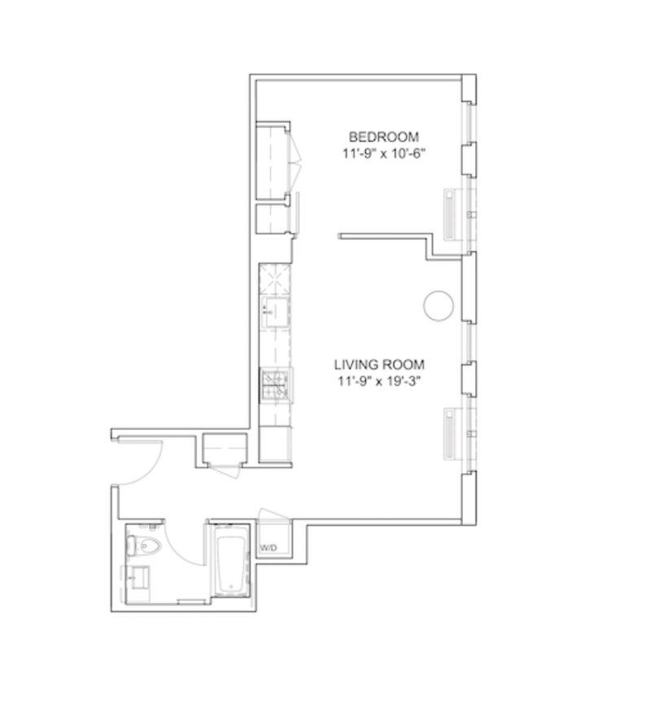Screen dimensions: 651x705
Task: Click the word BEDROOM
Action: tap(383, 137)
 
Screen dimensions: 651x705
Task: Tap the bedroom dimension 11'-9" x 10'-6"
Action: tap(383, 154)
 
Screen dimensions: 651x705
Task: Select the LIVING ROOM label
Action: tap(379, 364)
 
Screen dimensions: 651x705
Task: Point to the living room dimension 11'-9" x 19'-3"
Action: tap(379, 381)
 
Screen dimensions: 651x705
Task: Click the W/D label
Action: tap(269, 548)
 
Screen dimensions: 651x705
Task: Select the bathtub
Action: tap(231, 560)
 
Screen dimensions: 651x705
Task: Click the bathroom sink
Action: tap(139, 577)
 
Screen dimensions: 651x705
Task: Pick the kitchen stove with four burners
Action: tap(275, 385)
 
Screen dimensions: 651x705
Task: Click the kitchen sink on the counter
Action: tap(275, 312)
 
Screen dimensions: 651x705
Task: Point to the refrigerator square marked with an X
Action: tap(275, 278)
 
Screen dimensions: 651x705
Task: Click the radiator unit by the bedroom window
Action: tap(450, 214)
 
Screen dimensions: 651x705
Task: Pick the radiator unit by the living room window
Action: tap(450, 433)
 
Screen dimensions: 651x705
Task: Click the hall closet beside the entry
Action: tap(225, 449)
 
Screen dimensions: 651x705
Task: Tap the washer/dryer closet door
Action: tap(273, 515)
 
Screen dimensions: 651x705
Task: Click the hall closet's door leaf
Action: tap(225, 471)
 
